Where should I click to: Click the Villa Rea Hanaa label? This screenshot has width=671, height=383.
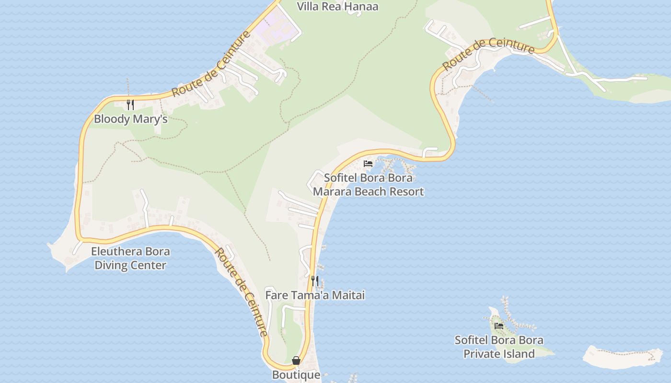tap(337, 7)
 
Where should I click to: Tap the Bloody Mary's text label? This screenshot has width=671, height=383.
tap(130, 119)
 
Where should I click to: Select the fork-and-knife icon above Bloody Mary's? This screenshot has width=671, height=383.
tap(130, 104)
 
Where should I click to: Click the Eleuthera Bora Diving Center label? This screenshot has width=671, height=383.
tap(130, 258)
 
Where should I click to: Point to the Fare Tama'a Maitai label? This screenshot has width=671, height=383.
tap(315, 295)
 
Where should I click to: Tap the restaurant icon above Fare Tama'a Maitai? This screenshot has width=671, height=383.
tap(314, 281)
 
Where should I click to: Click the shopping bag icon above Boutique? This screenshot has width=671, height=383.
tap(296, 360)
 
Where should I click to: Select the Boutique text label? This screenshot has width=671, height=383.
tap(296, 375)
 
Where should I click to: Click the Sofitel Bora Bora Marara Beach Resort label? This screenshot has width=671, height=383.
tap(368, 185)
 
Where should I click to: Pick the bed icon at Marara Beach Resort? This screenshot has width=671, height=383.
tap(368, 164)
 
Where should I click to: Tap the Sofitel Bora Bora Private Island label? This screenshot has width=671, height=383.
tap(499, 347)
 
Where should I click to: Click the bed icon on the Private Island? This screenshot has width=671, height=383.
tap(499, 326)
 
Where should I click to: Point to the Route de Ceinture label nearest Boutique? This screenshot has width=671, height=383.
tap(241, 292)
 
